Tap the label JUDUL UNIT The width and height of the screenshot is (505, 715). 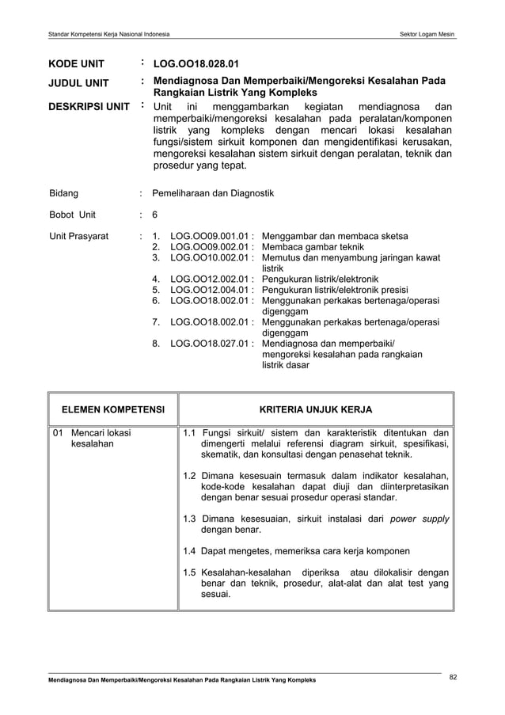(81, 82)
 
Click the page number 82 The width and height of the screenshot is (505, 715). (453, 676)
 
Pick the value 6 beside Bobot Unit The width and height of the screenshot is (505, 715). (155, 215)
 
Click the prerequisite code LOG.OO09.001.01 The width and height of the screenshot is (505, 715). (211, 236)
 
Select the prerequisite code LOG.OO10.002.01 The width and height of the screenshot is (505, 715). (211, 258)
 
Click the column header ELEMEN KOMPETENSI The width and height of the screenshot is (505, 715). (113, 409)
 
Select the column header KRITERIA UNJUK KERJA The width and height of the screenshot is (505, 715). (316, 409)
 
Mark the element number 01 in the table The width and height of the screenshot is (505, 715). (57, 433)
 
